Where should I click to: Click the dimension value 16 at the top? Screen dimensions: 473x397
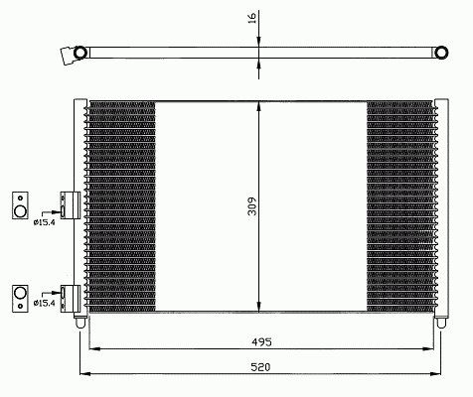252,18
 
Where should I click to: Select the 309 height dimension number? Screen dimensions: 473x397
252,206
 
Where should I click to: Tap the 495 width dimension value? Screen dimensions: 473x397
261,341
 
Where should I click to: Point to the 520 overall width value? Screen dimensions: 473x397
260,367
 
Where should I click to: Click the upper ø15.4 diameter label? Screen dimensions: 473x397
44,222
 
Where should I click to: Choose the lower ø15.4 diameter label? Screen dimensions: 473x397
44,303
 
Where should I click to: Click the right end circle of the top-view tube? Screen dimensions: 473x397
441,53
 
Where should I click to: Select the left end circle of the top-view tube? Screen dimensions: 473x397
79,53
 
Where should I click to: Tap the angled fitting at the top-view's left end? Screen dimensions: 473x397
68,55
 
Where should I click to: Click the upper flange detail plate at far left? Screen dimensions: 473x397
20,205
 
